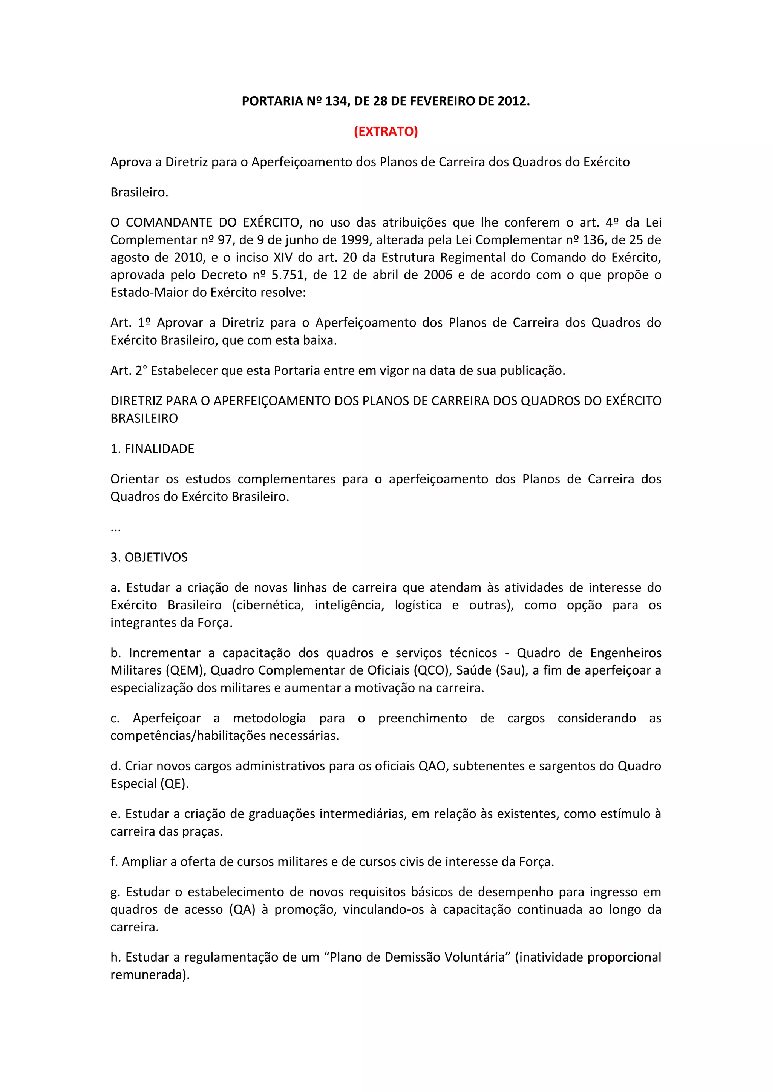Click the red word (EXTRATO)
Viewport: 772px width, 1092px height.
pyautogui.click(x=386, y=131)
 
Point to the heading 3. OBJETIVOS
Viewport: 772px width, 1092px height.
pyautogui.click(x=149, y=557)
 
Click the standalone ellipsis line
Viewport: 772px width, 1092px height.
pyautogui.click(x=115, y=528)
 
